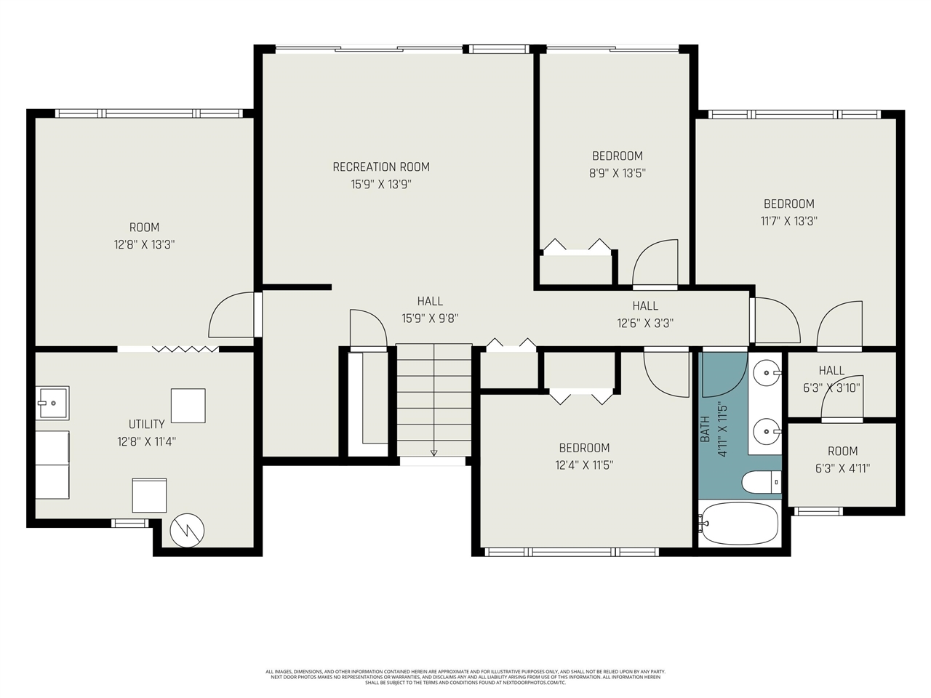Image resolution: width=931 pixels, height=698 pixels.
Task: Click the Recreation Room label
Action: click(381, 167)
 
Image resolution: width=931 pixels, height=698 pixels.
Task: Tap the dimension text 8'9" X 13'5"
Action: click(617, 173)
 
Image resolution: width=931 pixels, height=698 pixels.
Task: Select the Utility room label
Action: click(146, 424)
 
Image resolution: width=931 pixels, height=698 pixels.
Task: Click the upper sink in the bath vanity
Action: click(766, 373)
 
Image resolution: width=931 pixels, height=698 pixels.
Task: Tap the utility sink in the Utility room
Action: click(52, 402)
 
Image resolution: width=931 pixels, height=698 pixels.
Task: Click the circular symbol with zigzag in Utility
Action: click(188, 530)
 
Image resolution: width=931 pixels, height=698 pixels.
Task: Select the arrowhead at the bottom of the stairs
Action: click(434, 453)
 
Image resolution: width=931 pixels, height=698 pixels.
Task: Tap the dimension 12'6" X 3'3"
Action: click(645, 324)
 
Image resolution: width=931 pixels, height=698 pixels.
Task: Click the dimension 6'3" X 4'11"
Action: click(842, 468)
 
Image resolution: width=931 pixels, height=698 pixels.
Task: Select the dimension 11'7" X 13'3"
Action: click(788, 221)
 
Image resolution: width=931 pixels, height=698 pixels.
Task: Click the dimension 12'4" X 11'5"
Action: click(584, 465)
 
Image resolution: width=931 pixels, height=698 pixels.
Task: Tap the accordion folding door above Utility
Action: click(185, 350)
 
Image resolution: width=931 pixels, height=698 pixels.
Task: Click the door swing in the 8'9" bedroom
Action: click(655, 264)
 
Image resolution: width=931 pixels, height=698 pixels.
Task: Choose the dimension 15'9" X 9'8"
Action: click(430, 318)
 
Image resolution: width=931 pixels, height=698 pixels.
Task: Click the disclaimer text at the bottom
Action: click(465, 677)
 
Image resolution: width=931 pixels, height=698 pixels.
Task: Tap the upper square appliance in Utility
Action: click(188, 406)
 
